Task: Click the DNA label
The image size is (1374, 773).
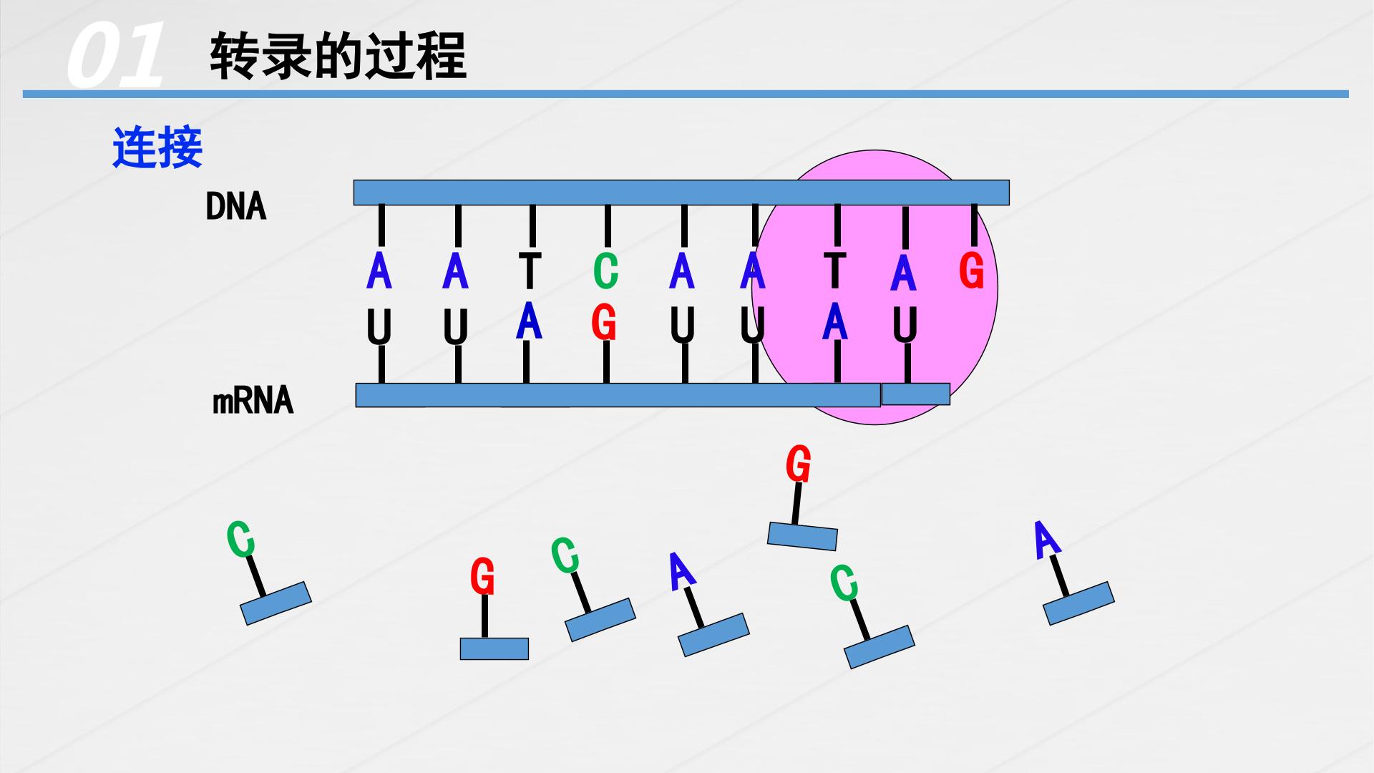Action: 235,207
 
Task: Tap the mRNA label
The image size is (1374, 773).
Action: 253,401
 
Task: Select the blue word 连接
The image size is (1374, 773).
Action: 157,148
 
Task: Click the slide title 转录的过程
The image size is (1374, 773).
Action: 338,55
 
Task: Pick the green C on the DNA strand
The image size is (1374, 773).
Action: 605,271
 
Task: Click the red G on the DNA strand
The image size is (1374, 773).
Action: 971,271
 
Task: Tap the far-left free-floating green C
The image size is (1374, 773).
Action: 241,539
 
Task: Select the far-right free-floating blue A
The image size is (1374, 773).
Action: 1046,540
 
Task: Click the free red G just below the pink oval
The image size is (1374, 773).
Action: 798,464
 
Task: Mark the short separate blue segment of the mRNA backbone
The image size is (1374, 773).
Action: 915,394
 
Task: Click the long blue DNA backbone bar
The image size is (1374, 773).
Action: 681,193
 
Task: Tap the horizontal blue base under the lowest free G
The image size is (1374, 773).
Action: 494,648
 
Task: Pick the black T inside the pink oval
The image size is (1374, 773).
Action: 835,271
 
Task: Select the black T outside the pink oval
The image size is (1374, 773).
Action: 530,271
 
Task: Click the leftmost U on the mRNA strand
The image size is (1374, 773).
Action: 379,327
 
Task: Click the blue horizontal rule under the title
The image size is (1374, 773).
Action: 686,94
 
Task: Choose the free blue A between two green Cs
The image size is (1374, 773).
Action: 682,571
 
